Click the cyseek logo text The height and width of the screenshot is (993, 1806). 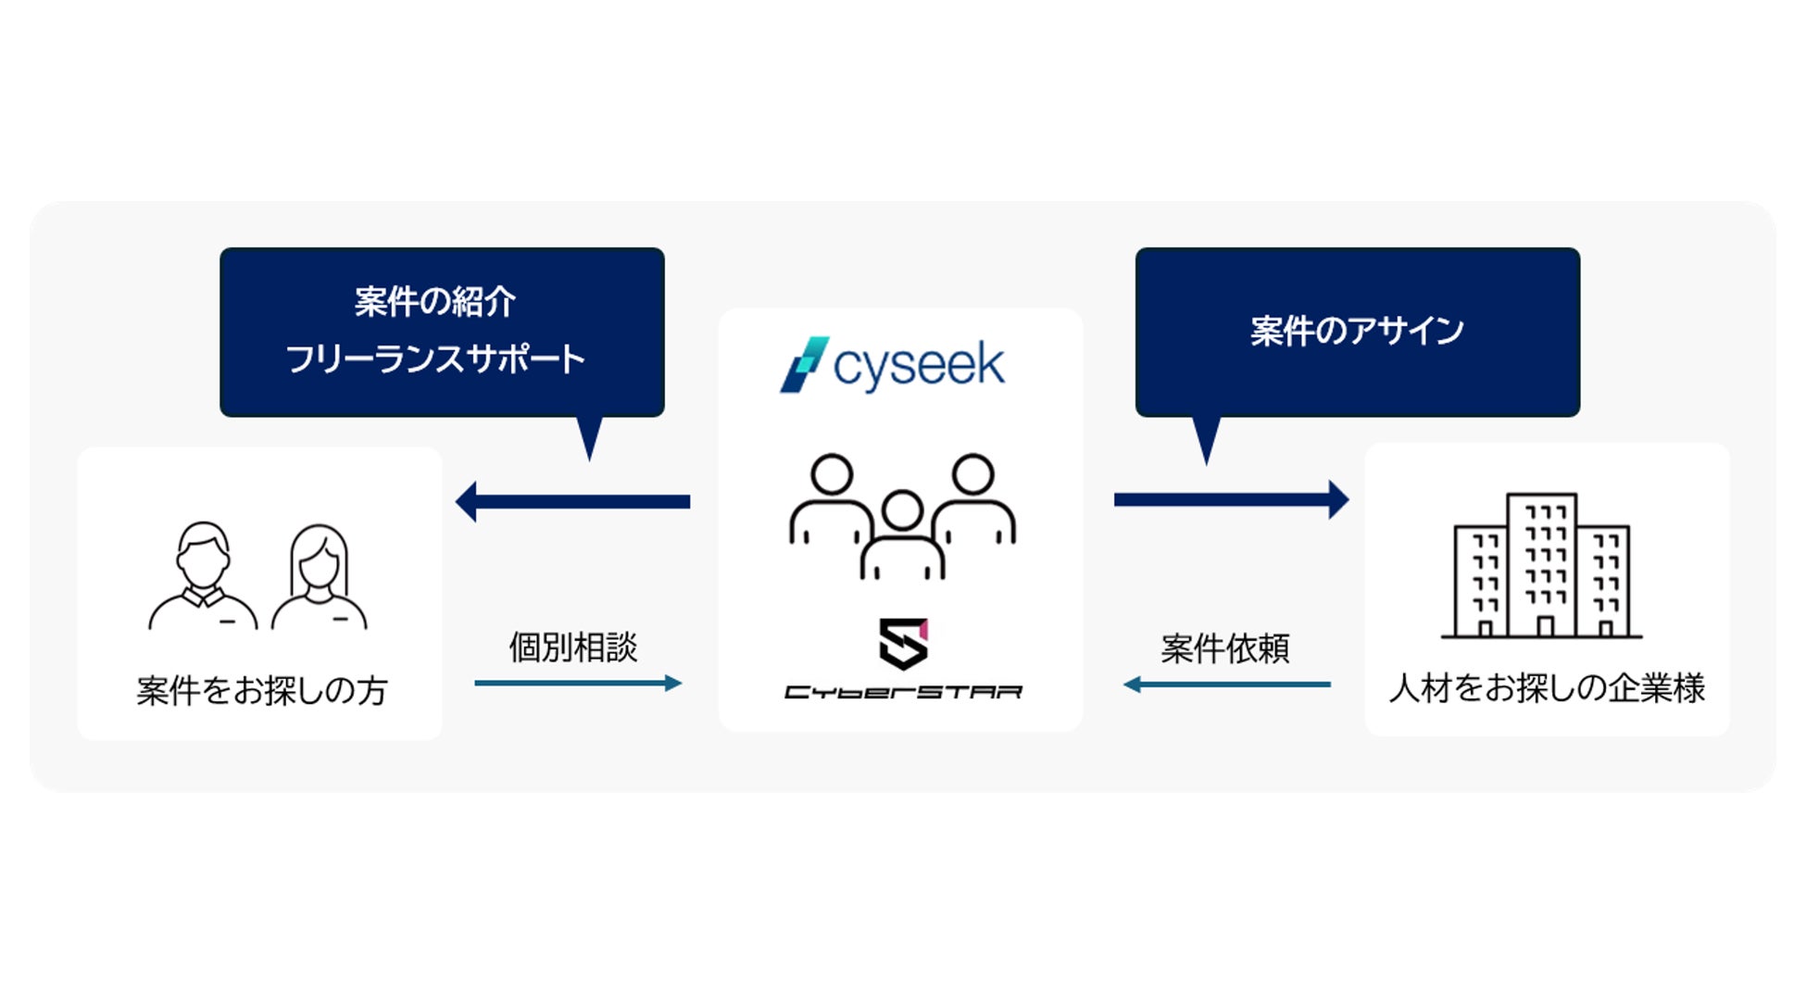(x=918, y=365)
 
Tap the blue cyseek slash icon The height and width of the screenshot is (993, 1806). (x=803, y=364)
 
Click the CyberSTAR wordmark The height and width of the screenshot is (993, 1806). (x=903, y=692)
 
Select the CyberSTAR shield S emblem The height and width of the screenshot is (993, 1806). (x=903, y=643)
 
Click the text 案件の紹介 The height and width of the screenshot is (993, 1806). (x=434, y=301)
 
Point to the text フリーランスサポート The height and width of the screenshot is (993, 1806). (x=434, y=358)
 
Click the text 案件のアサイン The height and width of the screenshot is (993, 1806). (x=1357, y=331)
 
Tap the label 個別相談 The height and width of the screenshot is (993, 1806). (x=573, y=647)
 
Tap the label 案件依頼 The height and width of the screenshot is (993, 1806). (x=1224, y=648)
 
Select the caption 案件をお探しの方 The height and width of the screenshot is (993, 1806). (x=261, y=690)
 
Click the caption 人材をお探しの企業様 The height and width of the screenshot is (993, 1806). (x=1547, y=688)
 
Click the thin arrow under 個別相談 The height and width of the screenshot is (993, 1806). (x=578, y=684)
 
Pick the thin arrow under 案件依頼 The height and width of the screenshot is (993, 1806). (x=1226, y=685)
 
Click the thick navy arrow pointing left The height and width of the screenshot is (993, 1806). (x=572, y=501)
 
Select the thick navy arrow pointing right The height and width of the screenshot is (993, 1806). (x=1231, y=499)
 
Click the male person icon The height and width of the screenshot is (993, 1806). (x=203, y=576)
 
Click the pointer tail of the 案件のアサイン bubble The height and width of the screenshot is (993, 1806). (x=1206, y=438)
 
